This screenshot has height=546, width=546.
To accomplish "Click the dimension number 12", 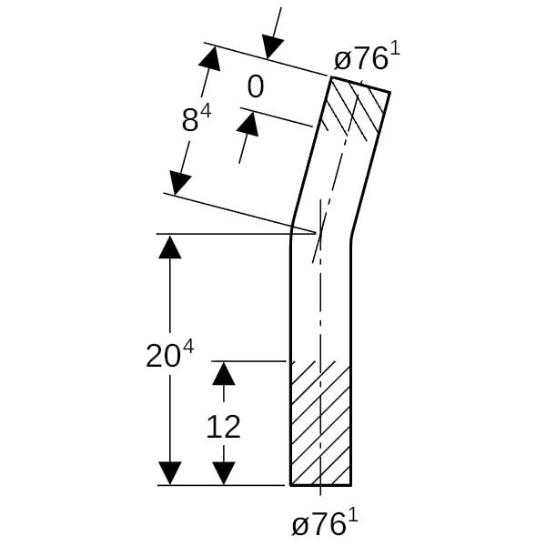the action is (223, 426).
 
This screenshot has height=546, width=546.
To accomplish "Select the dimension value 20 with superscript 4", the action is (169, 355).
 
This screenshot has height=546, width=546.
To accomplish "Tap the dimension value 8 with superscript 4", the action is (197, 119).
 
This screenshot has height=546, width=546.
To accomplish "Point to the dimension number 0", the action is (256, 87).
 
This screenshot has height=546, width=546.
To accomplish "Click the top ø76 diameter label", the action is (367, 57).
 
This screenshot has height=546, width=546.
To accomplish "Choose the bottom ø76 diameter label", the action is (325, 523).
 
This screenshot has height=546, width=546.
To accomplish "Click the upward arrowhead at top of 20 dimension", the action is (170, 247).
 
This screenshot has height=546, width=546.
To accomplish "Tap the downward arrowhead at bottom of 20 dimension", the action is (170, 473).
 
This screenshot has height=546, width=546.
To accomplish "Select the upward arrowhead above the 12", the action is (224, 373).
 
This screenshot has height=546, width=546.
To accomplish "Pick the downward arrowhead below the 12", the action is (224, 473).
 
